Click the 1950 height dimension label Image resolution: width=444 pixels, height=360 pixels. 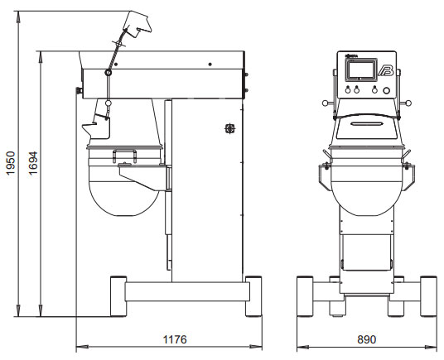click(11, 163)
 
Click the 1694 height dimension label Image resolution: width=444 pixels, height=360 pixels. click(33, 163)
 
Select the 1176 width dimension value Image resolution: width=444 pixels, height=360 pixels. click(175, 339)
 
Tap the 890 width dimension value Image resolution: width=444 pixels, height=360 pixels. click(367, 339)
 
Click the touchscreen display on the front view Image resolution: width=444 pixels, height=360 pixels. click(360, 70)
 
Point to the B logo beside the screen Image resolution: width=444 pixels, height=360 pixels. click(386, 70)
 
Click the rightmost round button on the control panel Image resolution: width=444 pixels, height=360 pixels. click(386, 90)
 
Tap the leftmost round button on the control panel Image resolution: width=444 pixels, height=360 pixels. click(348, 90)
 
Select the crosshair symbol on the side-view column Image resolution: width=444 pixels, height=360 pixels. click(230, 128)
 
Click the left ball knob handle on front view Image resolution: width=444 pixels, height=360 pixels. click(325, 103)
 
